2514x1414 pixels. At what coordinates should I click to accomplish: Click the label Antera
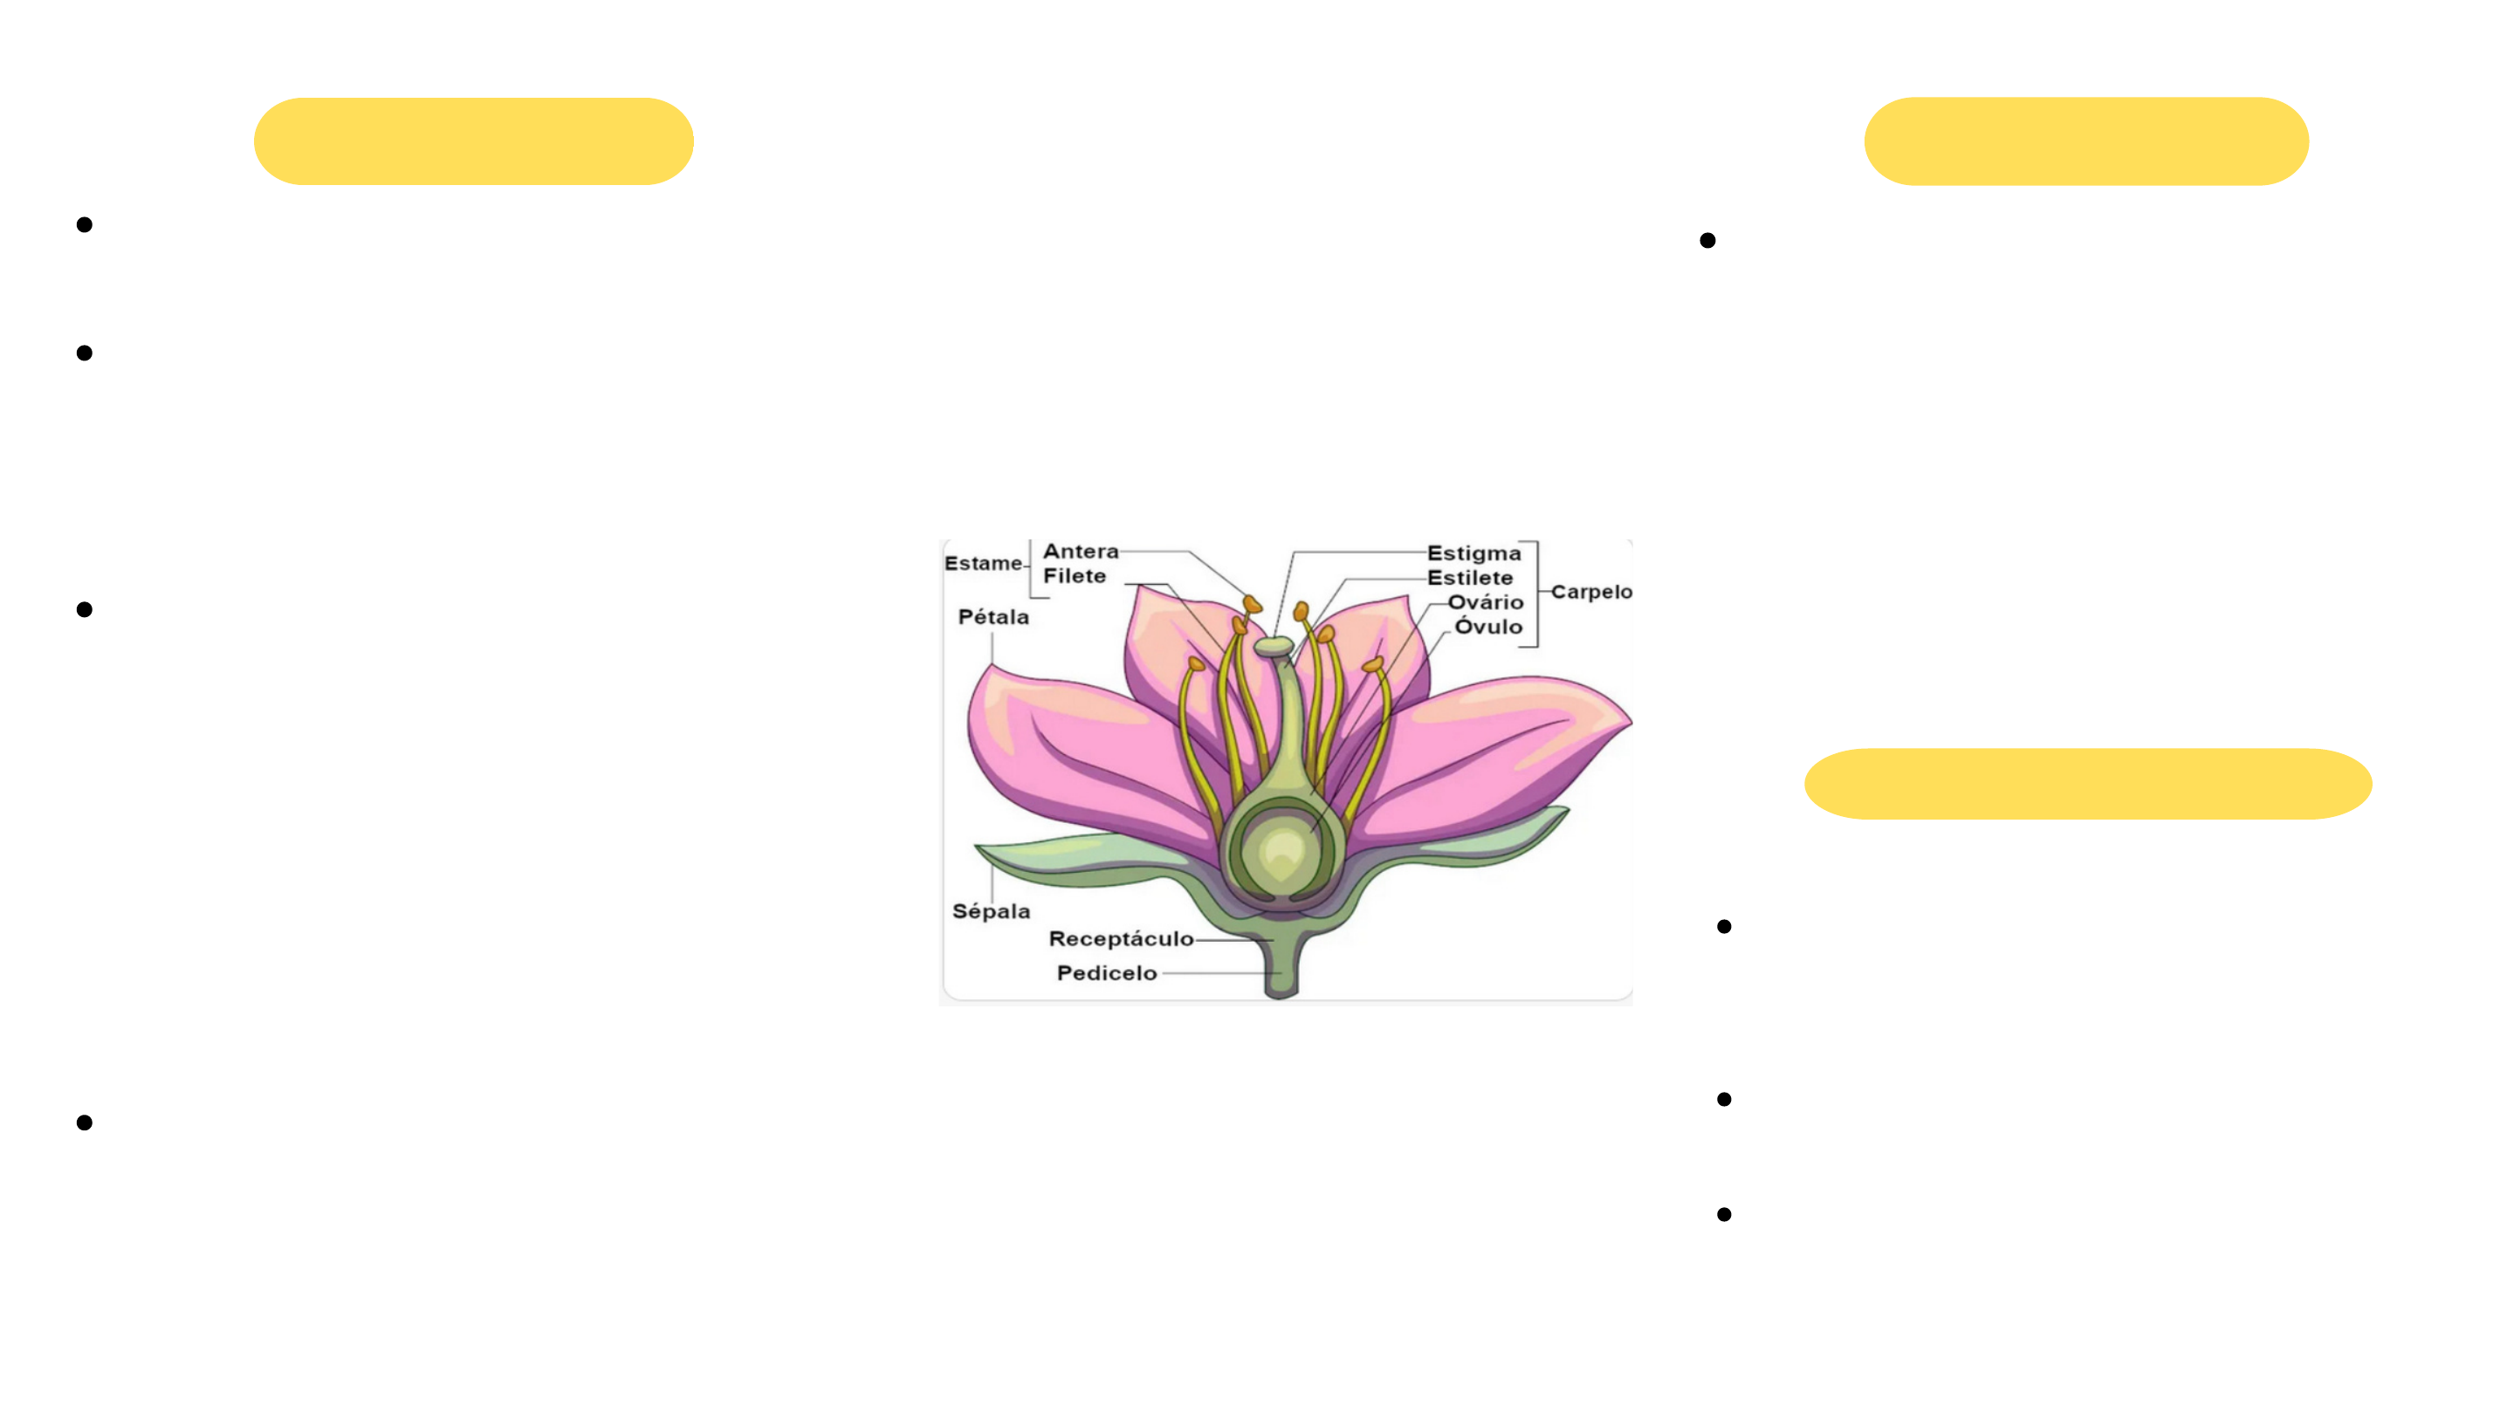(1081, 552)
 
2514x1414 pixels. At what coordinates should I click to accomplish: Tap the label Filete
(1075, 577)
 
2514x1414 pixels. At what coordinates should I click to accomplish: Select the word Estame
(983, 563)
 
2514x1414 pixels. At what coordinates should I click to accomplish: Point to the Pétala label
(993, 617)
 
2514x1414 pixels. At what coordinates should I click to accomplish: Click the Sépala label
(992, 911)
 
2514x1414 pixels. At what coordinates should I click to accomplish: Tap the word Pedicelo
(1107, 973)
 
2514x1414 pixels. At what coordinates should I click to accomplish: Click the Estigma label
(1473, 553)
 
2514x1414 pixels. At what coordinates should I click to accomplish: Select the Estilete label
(1470, 578)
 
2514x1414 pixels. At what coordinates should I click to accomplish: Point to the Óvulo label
(1488, 627)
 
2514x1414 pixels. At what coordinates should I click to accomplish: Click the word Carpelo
(1590, 592)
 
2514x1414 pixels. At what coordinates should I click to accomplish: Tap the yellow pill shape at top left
(473, 141)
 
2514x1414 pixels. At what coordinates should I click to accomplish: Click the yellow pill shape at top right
(2086, 141)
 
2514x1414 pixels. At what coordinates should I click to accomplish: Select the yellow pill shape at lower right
(2087, 784)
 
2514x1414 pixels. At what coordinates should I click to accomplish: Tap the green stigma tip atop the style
(1274, 646)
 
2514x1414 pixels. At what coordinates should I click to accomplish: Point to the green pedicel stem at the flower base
(1281, 971)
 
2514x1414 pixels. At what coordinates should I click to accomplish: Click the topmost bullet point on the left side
(85, 225)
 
